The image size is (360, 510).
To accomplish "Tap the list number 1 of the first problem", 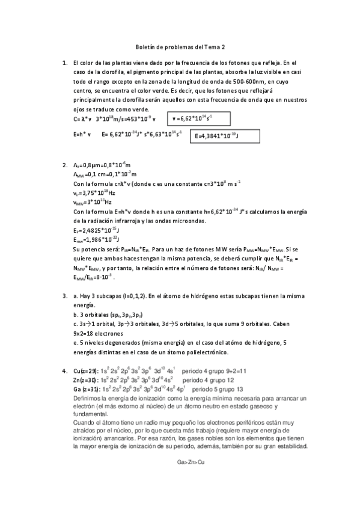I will tap(64, 63).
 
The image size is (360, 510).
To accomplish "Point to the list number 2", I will tap(64, 165).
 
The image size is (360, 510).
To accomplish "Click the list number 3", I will tap(64, 296).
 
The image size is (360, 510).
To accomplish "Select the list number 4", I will tap(64, 372).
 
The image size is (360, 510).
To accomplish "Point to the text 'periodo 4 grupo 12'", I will tap(209, 381).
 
